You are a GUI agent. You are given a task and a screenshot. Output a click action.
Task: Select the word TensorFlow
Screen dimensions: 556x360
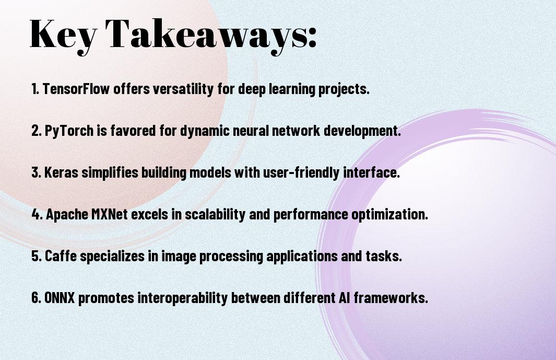pos(76,89)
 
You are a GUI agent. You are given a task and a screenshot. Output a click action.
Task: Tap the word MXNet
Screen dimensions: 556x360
pos(110,214)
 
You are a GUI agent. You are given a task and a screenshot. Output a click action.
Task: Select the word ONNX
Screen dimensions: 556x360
pos(60,297)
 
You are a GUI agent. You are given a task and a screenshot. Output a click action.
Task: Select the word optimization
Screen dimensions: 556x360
pos(389,214)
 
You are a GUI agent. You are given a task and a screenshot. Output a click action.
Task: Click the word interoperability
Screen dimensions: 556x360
pos(182,298)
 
